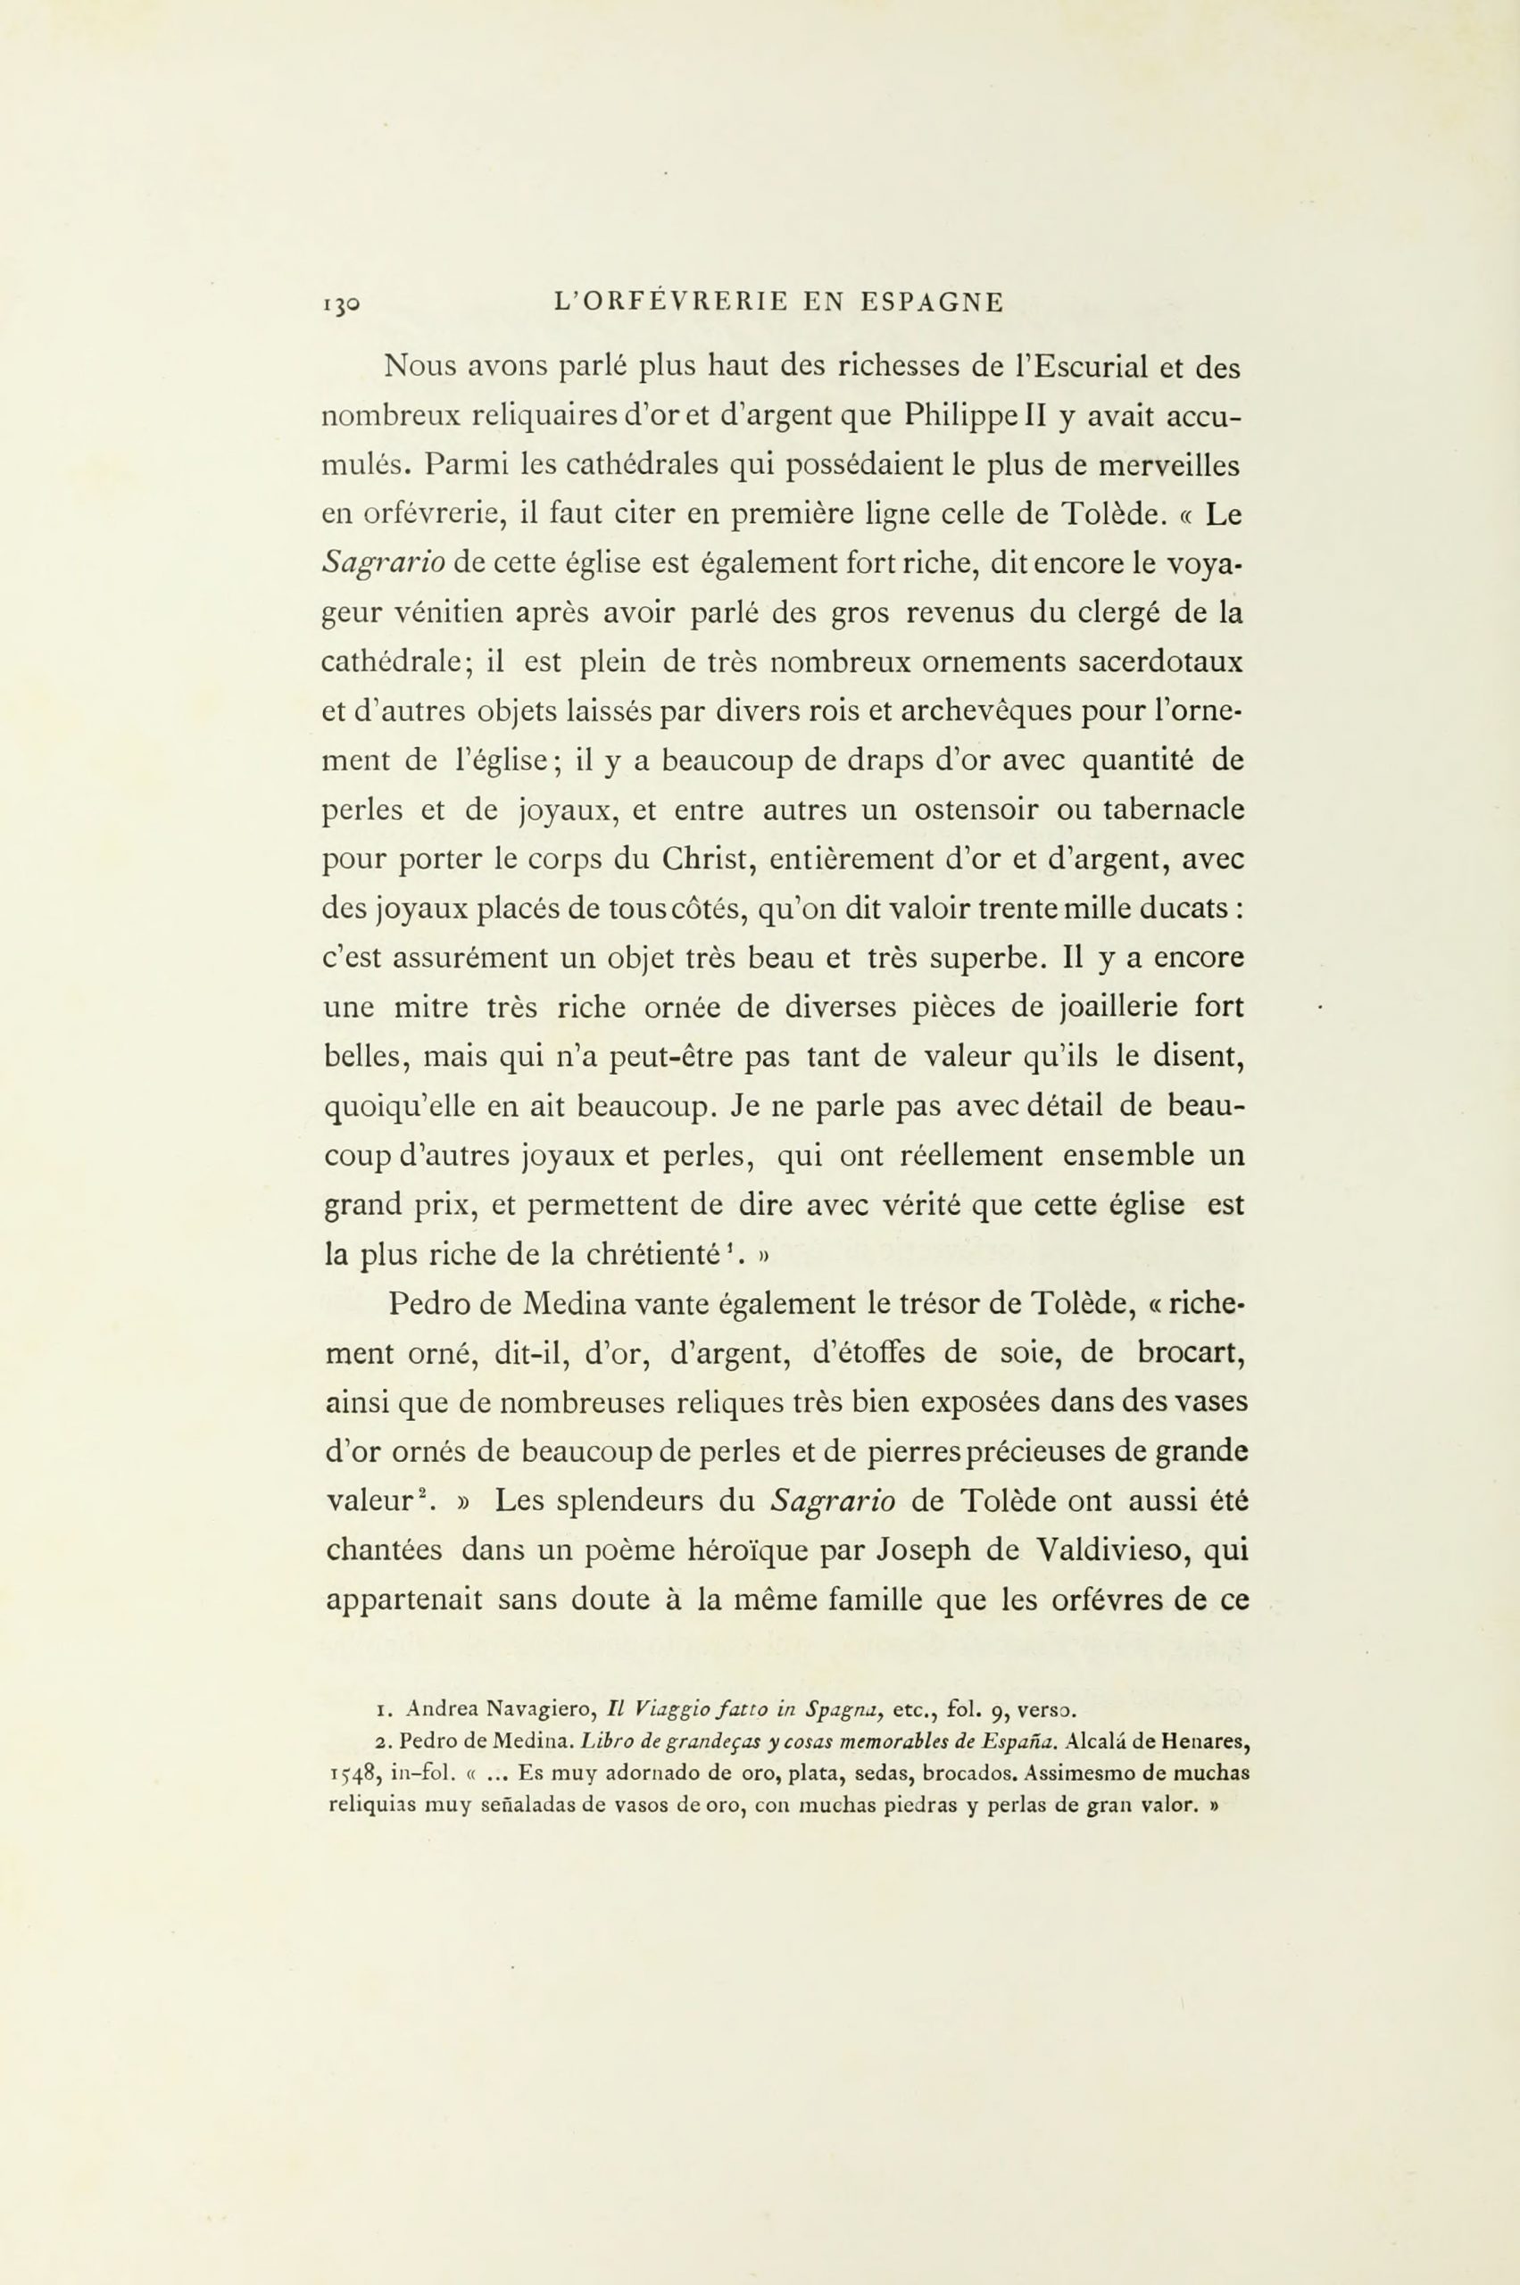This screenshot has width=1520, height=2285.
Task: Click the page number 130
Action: click(340, 304)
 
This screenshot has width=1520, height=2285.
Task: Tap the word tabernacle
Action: click(1174, 810)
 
